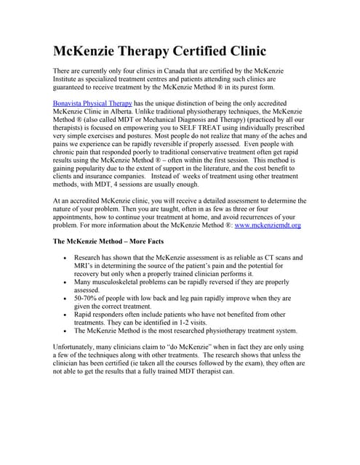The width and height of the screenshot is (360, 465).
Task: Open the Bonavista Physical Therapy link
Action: tap(93, 103)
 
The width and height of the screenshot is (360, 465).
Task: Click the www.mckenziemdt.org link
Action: tap(267, 225)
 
